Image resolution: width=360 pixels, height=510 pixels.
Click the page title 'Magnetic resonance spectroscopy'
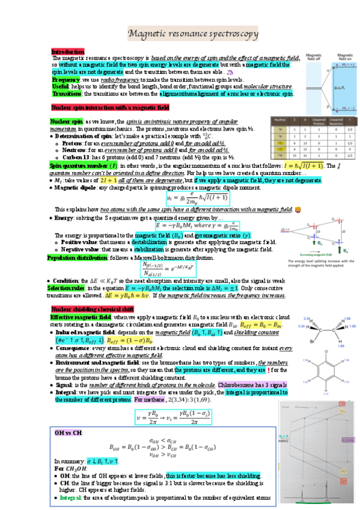(x=198, y=35)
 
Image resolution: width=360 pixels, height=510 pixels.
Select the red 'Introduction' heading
(x=67, y=52)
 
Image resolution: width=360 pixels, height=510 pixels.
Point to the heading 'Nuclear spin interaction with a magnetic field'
(x=110, y=108)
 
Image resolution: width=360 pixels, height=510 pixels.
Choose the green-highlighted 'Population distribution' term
(x=77, y=257)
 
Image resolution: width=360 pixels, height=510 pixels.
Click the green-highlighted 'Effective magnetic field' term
(x=79, y=316)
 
